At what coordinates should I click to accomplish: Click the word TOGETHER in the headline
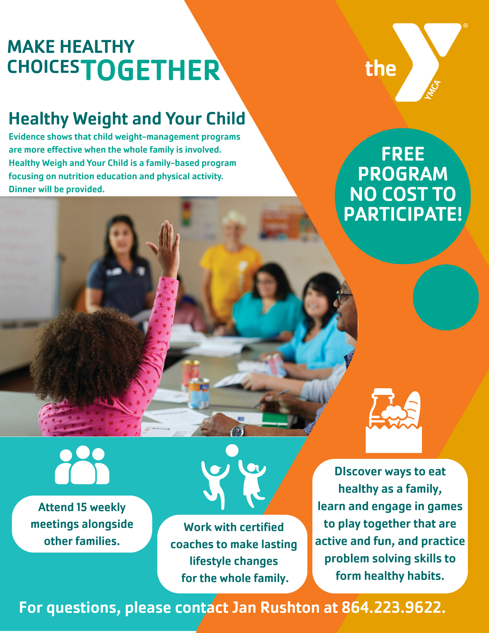coord(152,70)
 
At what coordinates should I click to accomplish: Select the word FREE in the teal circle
coord(403,154)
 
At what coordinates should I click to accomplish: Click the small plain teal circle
coord(446,297)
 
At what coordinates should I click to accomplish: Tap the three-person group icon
coord(82,465)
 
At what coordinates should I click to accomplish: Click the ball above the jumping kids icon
coord(232,450)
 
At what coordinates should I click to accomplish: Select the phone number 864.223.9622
coord(393,608)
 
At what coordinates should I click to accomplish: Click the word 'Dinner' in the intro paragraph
coord(22,189)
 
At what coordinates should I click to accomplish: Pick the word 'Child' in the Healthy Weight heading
coord(226,119)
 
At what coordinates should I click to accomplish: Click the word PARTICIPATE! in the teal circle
coord(403,214)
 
